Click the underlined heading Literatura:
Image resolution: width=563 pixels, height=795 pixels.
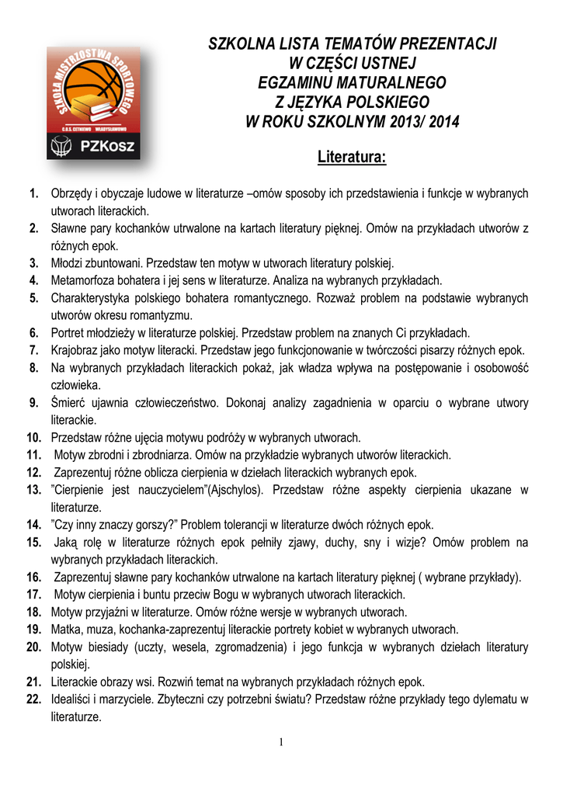coord(352,158)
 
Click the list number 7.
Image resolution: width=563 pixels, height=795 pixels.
coord(34,350)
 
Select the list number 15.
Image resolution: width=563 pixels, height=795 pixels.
coord(33,542)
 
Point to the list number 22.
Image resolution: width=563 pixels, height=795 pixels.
coord(33,700)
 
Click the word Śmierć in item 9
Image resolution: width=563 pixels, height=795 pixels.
coord(68,403)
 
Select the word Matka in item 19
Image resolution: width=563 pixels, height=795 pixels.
coord(65,630)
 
